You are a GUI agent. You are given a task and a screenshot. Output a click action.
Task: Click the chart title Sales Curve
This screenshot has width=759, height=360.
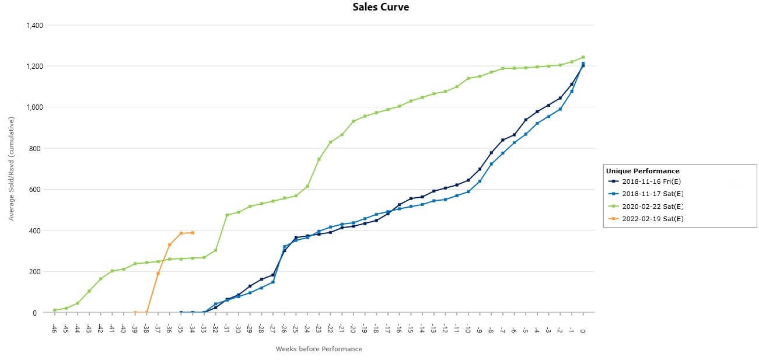coord(380,7)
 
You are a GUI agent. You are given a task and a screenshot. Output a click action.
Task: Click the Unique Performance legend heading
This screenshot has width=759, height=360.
coord(642,171)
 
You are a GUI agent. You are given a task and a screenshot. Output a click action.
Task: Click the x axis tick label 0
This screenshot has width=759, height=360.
coord(583,330)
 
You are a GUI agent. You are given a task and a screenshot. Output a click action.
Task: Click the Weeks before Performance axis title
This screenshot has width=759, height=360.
coord(319,349)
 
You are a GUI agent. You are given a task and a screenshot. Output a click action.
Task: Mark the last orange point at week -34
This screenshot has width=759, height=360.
coord(193,233)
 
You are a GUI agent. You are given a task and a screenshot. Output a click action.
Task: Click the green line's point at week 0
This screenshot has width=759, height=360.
coord(583,57)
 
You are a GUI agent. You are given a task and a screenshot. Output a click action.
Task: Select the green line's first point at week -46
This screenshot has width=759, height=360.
coord(55,310)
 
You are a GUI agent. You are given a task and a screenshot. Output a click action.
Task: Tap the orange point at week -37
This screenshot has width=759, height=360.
coord(158,273)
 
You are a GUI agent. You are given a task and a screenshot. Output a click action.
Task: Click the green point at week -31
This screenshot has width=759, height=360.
coord(227,215)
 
